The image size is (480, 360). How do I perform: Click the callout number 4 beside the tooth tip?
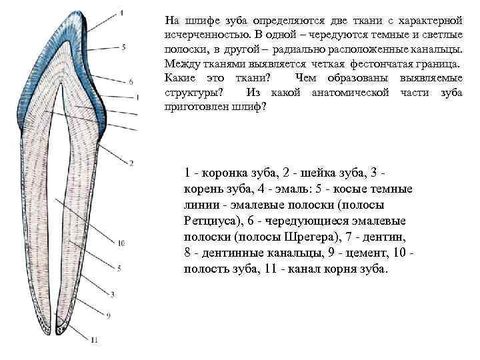[x=122, y=11]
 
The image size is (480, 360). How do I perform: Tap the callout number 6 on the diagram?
[x=131, y=81]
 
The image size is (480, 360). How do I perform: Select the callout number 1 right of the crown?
[x=137, y=97]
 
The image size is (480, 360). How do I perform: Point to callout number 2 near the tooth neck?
[x=131, y=162]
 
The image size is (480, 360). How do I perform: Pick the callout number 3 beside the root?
[x=113, y=293]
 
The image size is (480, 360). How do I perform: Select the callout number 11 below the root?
[x=94, y=340]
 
